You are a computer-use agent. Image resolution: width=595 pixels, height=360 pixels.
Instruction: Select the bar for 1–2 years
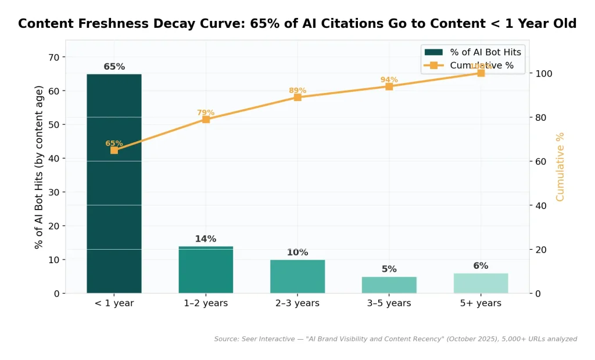click(206, 270)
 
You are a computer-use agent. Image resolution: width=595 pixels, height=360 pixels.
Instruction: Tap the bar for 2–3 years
click(297, 276)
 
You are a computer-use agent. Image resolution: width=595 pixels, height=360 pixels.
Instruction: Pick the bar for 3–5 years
click(389, 285)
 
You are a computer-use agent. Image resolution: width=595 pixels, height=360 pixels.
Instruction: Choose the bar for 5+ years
click(481, 283)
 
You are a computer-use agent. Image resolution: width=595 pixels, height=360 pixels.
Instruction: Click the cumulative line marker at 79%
click(206, 120)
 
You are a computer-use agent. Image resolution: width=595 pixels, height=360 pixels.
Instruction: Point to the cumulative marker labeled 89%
click(297, 98)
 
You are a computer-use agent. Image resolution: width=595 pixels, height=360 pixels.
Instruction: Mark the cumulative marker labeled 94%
click(389, 87)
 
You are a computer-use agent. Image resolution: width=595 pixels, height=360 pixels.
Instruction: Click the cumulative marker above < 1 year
click(114, 150)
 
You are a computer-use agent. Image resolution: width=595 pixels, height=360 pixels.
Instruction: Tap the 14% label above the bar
click(206, 239)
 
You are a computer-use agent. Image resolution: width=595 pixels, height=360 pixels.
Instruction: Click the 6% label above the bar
click(481, 266)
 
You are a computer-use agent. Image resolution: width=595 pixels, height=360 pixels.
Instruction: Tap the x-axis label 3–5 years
click(389, 303)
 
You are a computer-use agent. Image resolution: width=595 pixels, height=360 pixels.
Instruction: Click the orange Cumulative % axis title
click(560, 167)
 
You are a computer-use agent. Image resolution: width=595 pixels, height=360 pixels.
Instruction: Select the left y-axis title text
click(39, 167)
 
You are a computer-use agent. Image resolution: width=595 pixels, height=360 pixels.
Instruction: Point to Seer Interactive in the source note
click(267, 339)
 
